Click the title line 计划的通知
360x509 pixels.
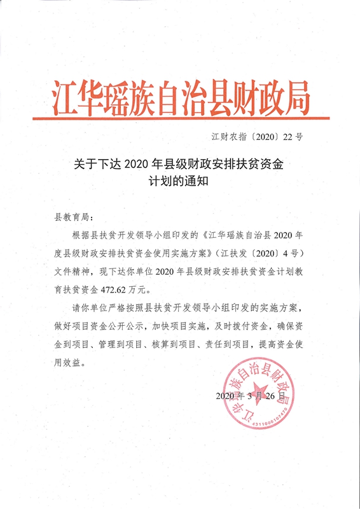tap(179, 181)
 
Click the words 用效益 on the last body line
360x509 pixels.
tap(68, 365)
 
